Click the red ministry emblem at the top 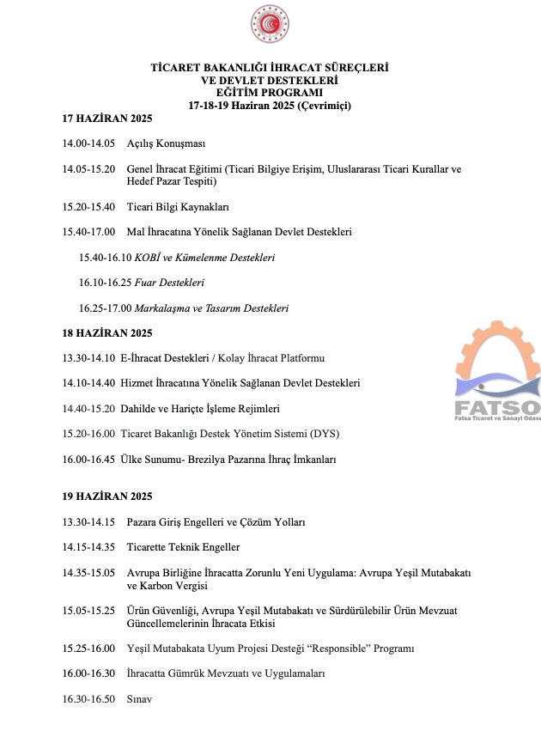[270, 24]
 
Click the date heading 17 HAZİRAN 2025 [106, 118]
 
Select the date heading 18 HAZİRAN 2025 [106, 332]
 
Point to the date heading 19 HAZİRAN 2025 [106, 496]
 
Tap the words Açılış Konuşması [166, 143]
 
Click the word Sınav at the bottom [139, 699]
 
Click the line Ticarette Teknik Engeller [183, 546]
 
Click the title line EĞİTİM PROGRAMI [270, 92]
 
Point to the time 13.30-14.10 [88, 357]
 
